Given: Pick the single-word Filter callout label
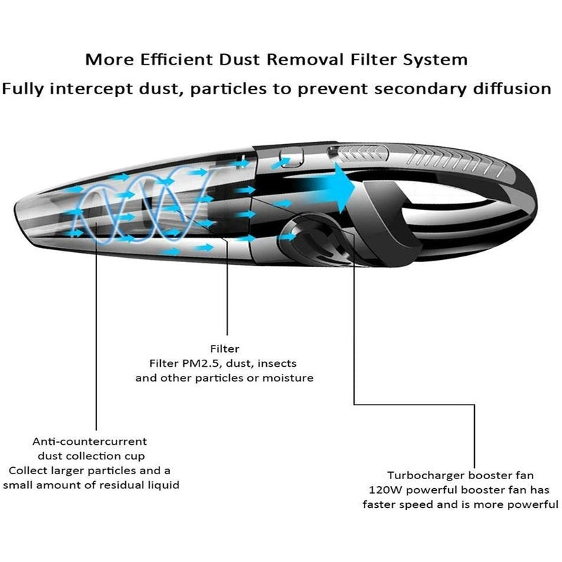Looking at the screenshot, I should point(225,348).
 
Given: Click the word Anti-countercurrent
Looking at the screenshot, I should point(90,442).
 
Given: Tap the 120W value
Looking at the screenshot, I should point(384,490).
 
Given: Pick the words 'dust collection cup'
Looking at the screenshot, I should point(90,456).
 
